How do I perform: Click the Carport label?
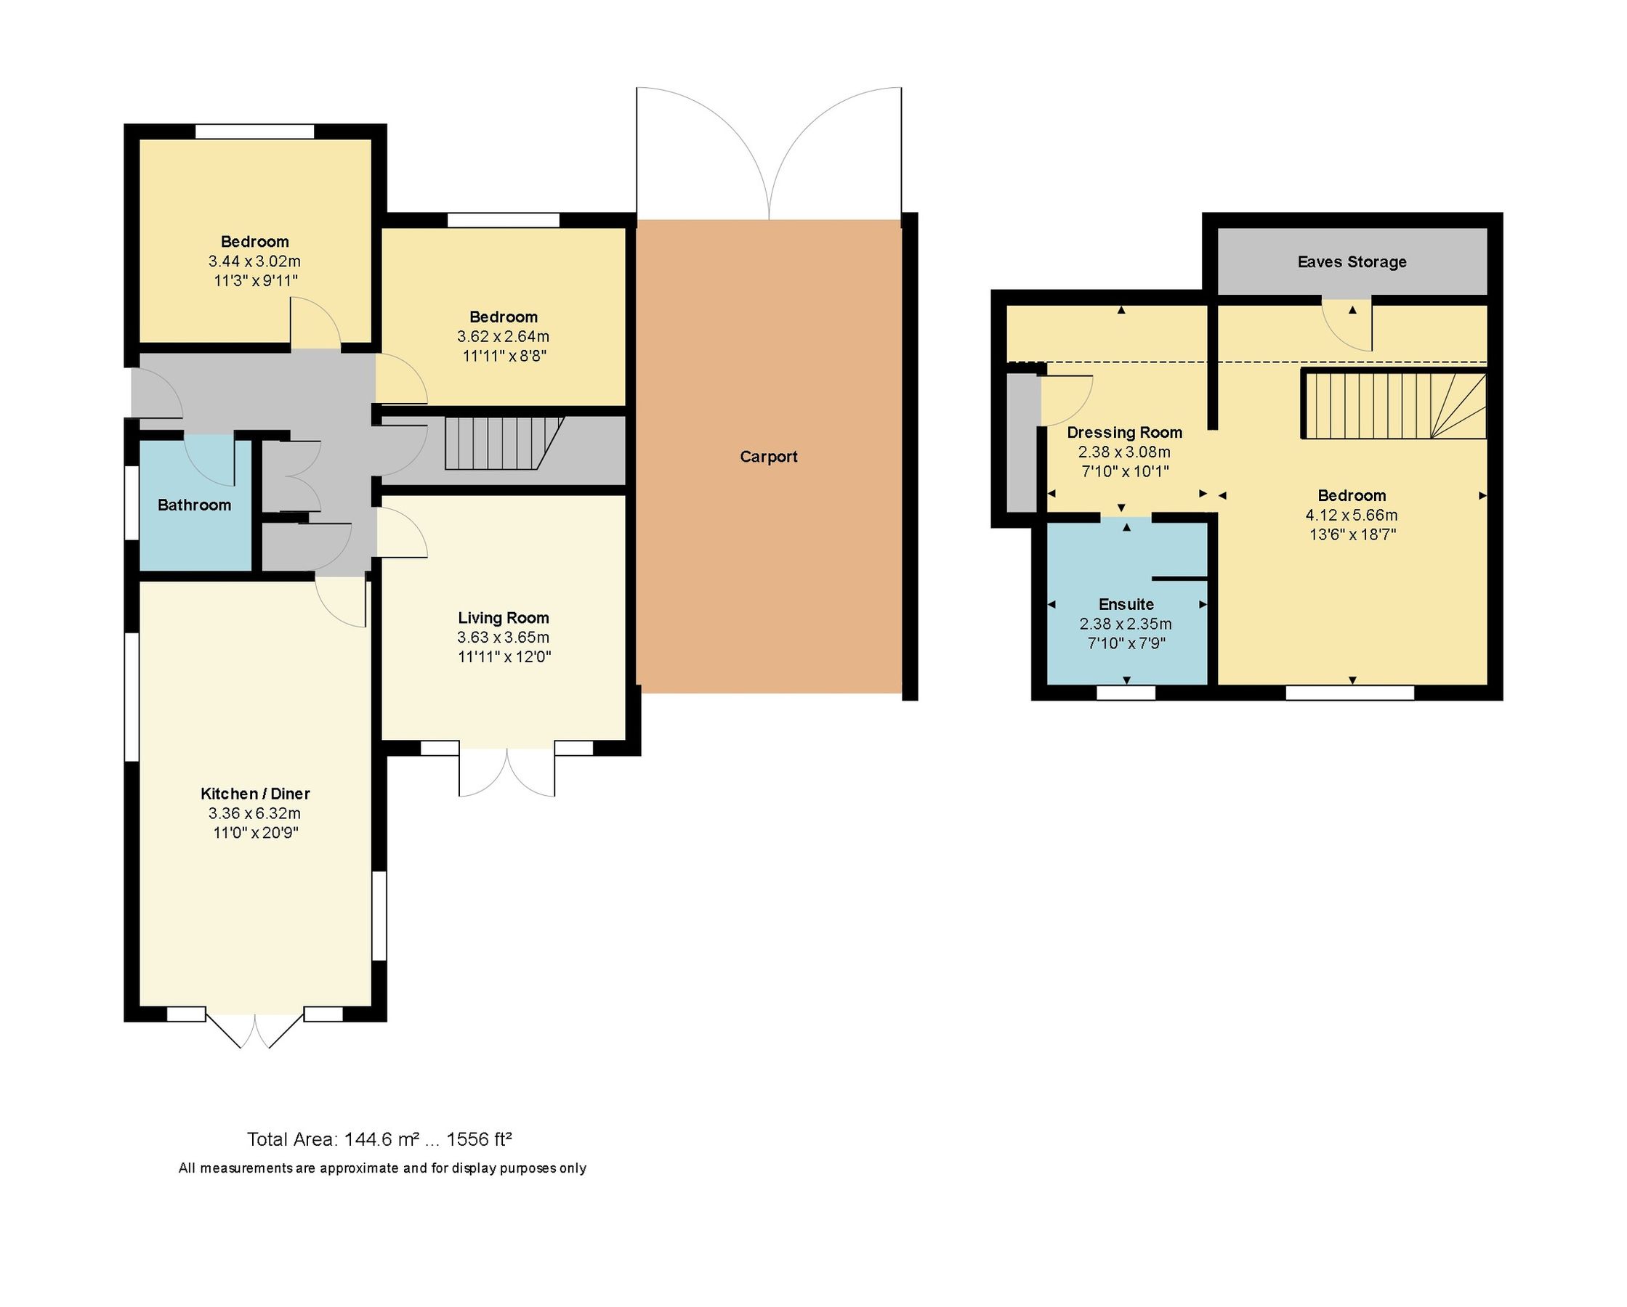coord(768,456)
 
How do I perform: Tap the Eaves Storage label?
coord(1352,261)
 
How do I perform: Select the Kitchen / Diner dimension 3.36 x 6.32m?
coord(254,813)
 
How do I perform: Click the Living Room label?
coord(504,618)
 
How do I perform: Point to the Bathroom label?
coord(194,505)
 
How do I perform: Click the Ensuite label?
coord(1126,604)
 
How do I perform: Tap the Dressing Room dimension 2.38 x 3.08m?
coord(1124,452)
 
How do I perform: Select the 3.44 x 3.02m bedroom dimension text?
coord(254,261)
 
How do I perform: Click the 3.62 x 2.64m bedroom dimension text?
coord(504,336)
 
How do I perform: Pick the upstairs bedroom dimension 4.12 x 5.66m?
coord(1352,515)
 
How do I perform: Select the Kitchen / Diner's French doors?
coord(255,1030)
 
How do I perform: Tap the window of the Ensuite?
coord(1125,692)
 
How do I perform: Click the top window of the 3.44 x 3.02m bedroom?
coord(254,131)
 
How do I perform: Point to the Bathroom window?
coord(132,503)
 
